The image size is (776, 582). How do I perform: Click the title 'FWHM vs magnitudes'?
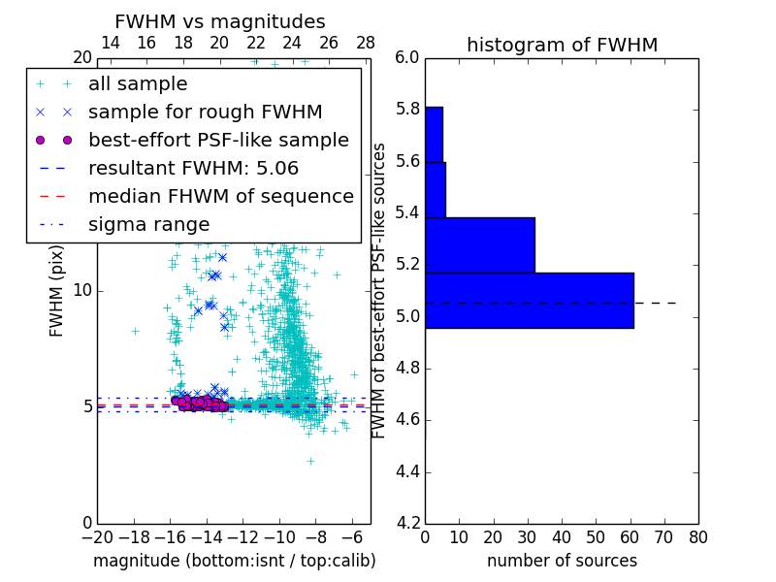pyautogui.click(x=220, y=21)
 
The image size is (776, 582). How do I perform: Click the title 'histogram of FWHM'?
pyautogui.click(x=562, y=45)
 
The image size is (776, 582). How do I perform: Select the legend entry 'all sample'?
pyautogui.click(x=138, y=84)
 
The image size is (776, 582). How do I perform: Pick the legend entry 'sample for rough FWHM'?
pyautogui.click(x=205, y=113)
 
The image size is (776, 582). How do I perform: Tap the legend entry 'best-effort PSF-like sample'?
pyautogui.click(x=218, y=140)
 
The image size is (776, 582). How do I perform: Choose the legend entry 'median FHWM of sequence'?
pyautogui.click(x=220, y=196)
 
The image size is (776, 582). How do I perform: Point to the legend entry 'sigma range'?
pyautogui.click(x=148, y=224)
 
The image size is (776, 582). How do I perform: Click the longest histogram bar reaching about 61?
pyautogui.click(x=529, y=301)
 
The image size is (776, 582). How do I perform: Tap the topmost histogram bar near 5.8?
pyautogui.click(x=434, y=134)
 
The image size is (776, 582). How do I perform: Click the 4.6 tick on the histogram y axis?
pyautogui.click(x=407, y=420)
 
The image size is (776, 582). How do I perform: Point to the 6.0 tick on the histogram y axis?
pyautogui.click(x=407, y=58)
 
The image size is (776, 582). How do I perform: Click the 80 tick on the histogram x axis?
pyautogui.click(x=697, y=537)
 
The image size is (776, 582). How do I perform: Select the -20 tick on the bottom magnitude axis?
pyautogui.click(x=97, y=537)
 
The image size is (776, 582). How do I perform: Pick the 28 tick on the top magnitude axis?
pyautogui.click(x=366, y=43)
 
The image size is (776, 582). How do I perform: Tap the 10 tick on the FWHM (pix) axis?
pyautogui.click(x=82, y=290)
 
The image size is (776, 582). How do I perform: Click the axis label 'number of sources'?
pyautogui.click(x=562, y=561)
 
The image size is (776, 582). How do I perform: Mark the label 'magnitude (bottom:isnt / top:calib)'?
pyautogui.click(x=234, y=561)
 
